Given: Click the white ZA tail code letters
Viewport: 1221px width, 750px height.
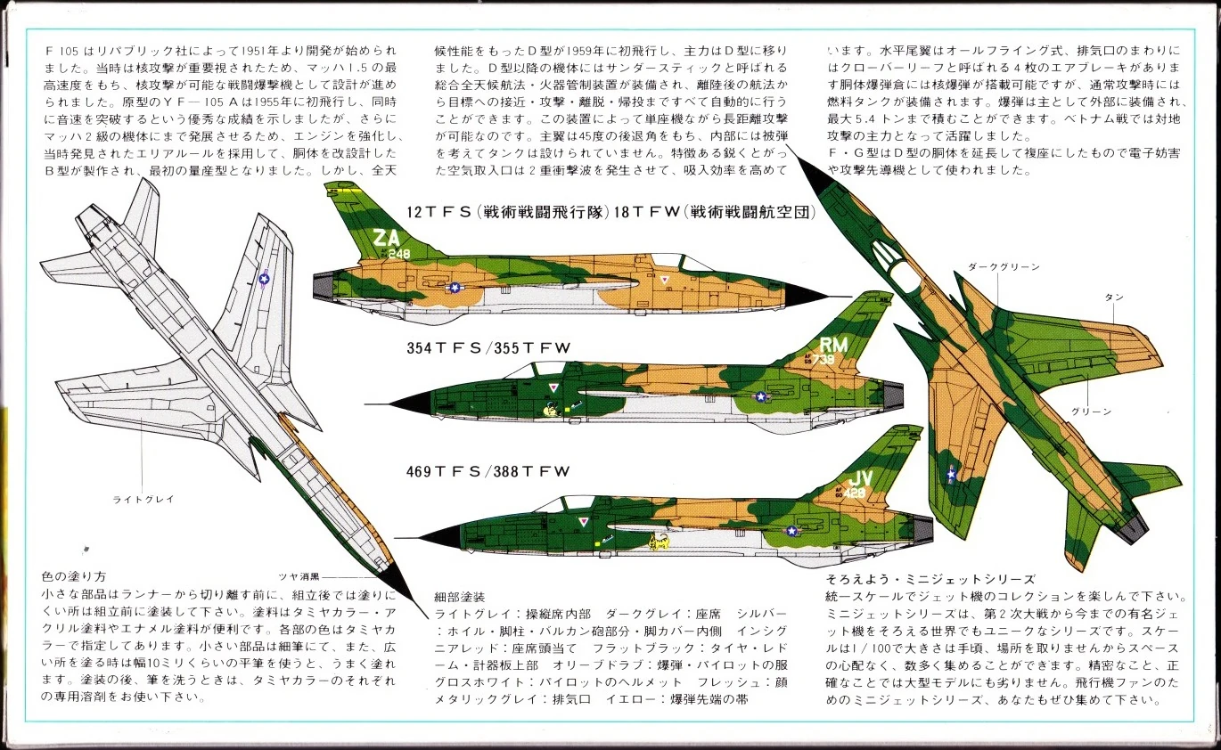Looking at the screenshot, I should click(x=387, y=240).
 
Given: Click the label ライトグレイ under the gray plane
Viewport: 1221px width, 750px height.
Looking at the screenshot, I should click(x=143, y=500).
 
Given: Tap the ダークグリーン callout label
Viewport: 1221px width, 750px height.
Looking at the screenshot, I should click(x=1003, y=266).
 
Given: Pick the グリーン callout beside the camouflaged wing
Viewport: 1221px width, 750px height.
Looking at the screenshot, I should click(x=1097, y=412).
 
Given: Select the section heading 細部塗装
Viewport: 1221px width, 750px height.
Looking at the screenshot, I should click(x=460, y=595).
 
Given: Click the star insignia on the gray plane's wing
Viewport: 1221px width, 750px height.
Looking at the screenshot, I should click(x=264, y=279).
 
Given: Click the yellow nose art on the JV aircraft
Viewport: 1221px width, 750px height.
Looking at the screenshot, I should click(x=659, y=542).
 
